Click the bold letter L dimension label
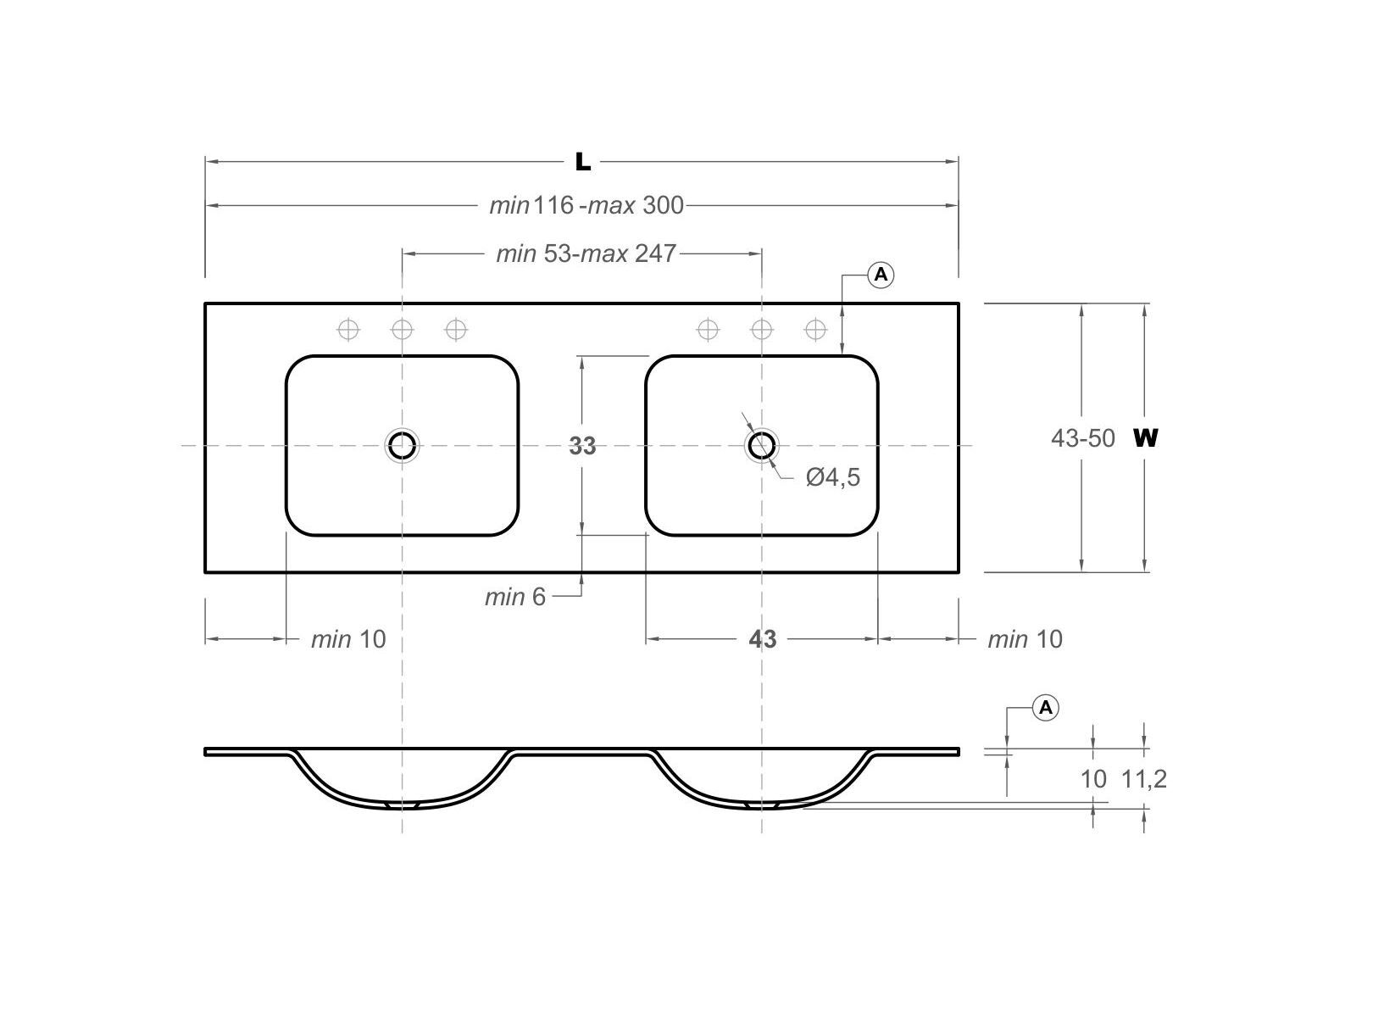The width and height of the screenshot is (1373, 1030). (x=583, y=161)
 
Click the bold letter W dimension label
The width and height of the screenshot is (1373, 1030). (x=1145, y=438)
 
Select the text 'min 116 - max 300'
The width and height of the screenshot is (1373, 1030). (x=586, y=205)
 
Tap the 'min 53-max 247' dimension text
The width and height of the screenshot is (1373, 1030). (x=586, y=253)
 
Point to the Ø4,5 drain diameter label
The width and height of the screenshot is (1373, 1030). (x=833, y=477)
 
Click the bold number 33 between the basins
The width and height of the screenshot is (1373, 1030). (x=582, y=446)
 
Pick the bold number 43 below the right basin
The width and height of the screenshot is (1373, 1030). (x=762, y=639)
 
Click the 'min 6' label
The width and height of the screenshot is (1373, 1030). (x=515, y=597)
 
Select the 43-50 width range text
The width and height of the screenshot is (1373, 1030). (x=1083, y=438)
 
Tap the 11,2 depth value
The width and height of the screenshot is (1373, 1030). (x=1144, y=779)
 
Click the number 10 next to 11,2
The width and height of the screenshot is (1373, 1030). (x=1093, y=779)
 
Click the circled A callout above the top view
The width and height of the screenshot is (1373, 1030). (x=881, y=275)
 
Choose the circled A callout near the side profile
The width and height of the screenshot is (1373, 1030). (x=1046, y=707)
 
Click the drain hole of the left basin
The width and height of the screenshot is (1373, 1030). (x=402, y=445)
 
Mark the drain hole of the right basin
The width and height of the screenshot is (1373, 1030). (x=762, y=445)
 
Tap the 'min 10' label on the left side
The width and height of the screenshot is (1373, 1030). (x=348, y=639)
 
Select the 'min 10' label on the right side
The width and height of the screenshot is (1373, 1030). (x=1025, y=639)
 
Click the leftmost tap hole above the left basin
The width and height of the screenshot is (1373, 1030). (x=348, y=329)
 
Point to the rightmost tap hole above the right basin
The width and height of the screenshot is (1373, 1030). (x=815, y=329)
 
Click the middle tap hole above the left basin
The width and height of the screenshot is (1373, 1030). (x=402, y=329)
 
